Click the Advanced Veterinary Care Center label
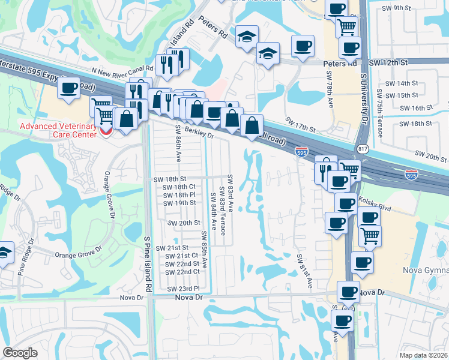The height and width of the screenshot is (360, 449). tap(58, 130)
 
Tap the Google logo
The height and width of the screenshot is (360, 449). tap(20, 353)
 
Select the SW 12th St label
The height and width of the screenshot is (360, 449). tap(388, 62)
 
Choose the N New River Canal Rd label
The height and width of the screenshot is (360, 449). tap(119, 69)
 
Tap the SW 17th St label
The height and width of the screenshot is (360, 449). tap(301, 127)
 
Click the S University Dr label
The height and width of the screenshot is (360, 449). tap(364, 100)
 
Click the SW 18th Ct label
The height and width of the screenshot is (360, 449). tap(179, 187)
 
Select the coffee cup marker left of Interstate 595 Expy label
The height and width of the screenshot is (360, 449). tap(68, 88)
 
